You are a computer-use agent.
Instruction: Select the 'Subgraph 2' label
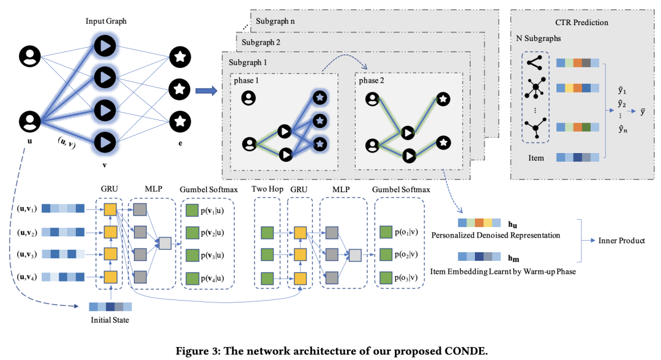coord(262,42)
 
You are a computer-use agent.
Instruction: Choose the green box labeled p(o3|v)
coord(385,277)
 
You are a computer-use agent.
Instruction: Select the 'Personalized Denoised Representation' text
coord(496,235)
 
